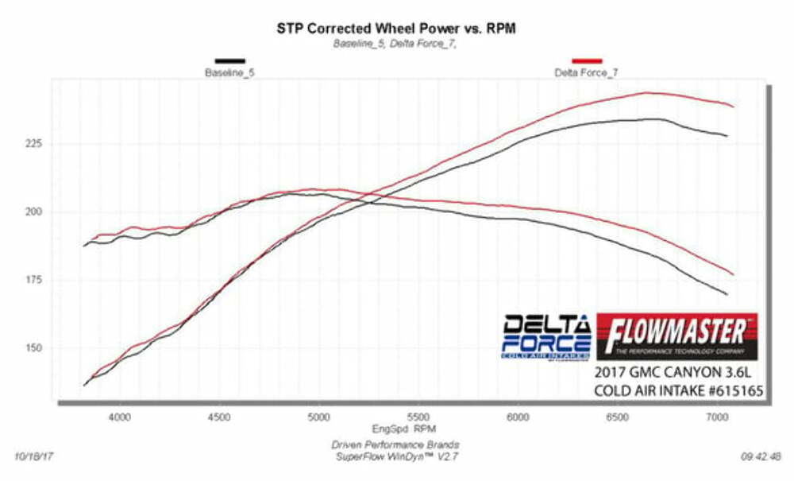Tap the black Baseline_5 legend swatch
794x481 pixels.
click(x=229, y=60)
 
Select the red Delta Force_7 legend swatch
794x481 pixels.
click(x=587, y=60)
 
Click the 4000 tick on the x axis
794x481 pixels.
click(x=119, y=416)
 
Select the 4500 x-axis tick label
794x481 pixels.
click(x=219, y=416)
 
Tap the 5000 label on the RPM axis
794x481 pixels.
click(x=318, y=416)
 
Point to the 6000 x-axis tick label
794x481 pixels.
click(x=518, y=416)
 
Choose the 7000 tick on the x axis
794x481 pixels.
click(x=717, y=416)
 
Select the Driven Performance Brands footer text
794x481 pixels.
click(x=395, y=444)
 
